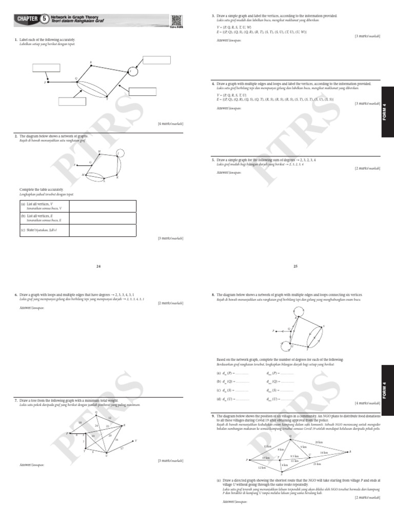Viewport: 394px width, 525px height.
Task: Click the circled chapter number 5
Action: click(x=45, y=19)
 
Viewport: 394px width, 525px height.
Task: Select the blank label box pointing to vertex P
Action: click(x=46, y=67)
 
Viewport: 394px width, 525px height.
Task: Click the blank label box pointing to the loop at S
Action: click(x=156, y=59)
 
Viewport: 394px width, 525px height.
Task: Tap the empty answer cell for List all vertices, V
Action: click(x=103, y=206)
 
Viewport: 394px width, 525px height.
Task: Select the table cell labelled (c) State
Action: click(x=43, y=230)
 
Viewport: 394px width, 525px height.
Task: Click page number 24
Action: click(x=98, y=266)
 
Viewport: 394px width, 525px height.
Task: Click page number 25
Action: click(x=295, y=266)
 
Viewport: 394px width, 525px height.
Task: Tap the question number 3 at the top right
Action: click(x=213, y=16)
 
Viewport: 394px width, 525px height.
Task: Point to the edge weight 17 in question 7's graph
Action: click(x=122, y=449)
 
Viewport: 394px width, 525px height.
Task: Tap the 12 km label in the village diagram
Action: click(x=262, y=467)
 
